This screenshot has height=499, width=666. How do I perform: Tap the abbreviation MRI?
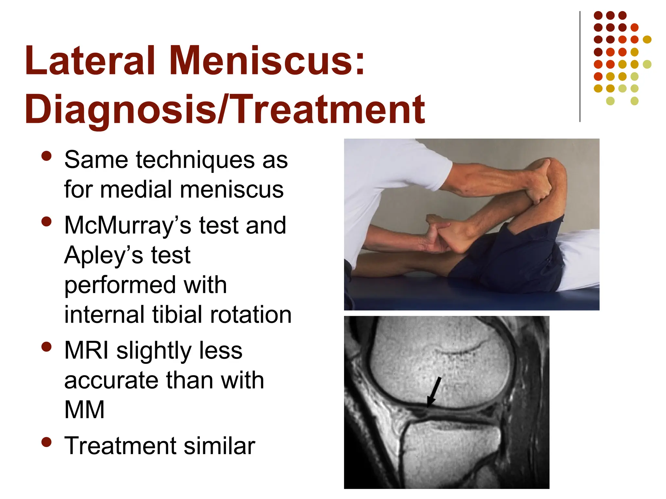(x=86, y=350)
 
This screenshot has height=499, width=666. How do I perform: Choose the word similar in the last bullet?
(x=220, y=446)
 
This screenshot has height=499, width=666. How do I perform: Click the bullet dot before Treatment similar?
(x=47, y=442)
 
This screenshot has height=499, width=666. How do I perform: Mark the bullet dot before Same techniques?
(x=47, y=156)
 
